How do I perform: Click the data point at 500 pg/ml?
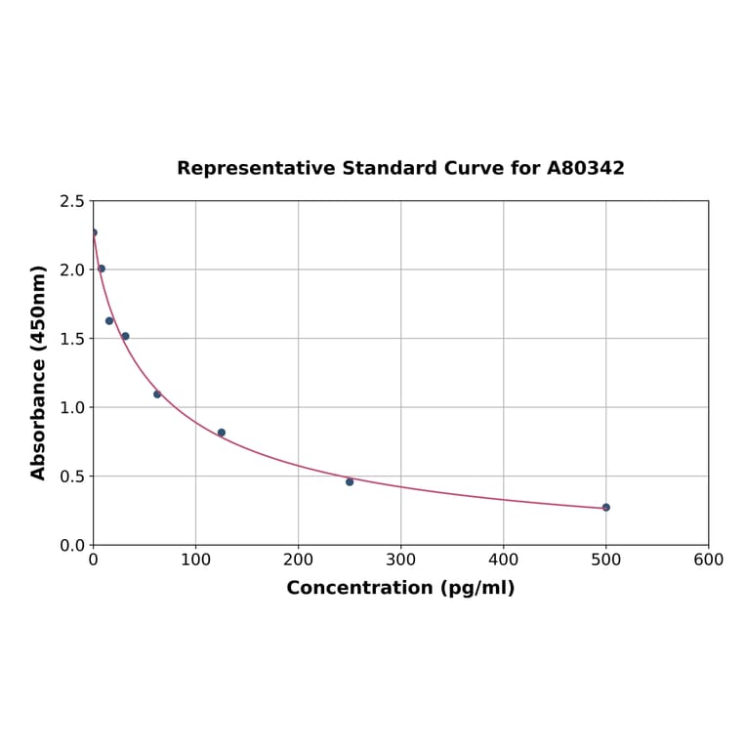605,508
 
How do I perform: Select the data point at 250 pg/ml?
350,481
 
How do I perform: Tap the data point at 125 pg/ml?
222,433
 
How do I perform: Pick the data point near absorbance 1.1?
157,394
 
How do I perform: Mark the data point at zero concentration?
94,232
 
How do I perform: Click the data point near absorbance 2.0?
102,269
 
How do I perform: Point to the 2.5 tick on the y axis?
71,201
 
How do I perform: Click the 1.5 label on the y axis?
71,339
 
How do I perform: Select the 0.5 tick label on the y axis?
71,477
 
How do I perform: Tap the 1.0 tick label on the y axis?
71,407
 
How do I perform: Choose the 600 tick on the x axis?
708,559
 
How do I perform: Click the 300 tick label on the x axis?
400,559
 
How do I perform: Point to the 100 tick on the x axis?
195,559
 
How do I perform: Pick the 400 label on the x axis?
503,559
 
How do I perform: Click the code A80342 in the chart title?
585,168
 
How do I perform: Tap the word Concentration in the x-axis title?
359,588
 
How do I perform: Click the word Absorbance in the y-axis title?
39,420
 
